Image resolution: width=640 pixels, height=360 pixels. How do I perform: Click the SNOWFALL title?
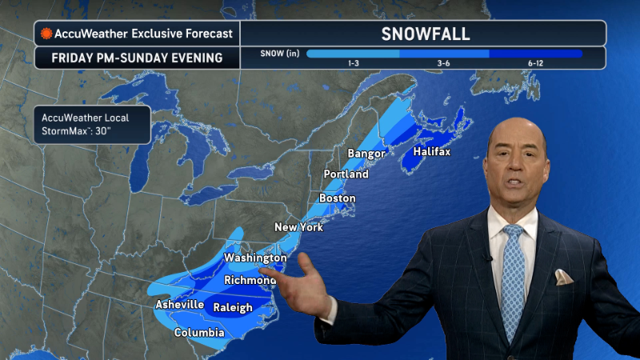tap(424, 34)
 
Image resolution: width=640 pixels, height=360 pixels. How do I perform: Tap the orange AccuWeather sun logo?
tap(47, 34)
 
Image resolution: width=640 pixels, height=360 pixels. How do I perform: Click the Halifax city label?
tap(432, 152)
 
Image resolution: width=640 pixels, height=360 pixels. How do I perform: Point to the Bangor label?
tap(366, 154)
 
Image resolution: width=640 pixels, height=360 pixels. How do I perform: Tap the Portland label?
tap(346, 174)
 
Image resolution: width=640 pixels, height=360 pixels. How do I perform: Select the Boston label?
tap(337, 198)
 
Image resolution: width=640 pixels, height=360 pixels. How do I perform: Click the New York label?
tap(298, 227)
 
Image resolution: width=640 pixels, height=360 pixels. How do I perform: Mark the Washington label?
tap(254, 258)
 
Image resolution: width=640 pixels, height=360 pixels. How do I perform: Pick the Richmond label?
tap(250, 281)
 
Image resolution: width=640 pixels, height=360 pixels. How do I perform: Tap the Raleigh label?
tap(233, 307)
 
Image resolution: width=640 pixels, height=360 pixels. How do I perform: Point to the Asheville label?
tap(179, 305)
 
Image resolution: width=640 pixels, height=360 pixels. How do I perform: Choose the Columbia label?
tap(198, 332)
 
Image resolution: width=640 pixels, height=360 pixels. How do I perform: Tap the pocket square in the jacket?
tap(564, 277)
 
